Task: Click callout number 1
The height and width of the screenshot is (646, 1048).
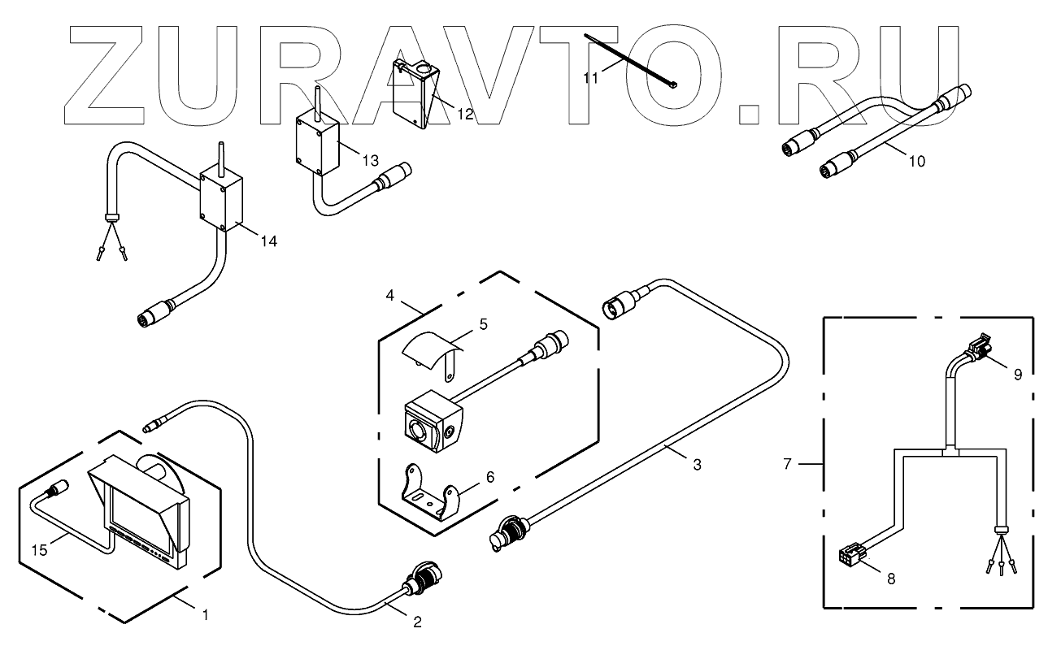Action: point(205,616)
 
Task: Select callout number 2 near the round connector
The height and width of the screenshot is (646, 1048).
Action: point(417,622)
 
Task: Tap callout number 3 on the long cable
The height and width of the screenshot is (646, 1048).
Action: point(697,465)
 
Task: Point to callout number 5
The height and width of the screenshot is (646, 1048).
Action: point(483,324)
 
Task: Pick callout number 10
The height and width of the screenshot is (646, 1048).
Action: point(915,161)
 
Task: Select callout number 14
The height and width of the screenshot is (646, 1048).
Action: point(269,241)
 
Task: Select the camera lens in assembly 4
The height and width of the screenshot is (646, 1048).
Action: point(417,428)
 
